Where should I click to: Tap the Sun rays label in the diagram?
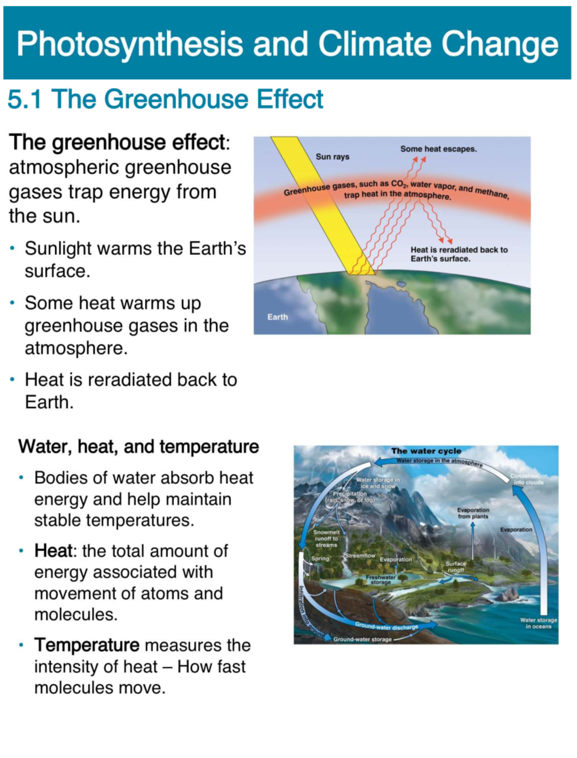332,157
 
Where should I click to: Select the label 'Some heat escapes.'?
438,149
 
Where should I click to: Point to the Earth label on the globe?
277,317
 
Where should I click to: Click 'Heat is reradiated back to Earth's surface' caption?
459,254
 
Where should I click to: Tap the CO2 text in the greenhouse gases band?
398,184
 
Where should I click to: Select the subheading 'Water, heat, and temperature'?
138,446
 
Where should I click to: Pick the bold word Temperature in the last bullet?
87,645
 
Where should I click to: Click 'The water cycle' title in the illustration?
426,451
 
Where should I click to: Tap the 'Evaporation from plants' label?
473,513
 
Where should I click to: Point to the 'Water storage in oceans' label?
538,623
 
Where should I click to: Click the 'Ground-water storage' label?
362,639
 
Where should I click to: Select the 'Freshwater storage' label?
380,580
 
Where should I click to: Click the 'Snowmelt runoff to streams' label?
326,539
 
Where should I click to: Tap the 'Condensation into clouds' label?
528,479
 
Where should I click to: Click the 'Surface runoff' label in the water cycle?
455,567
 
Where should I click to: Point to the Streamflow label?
360,556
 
